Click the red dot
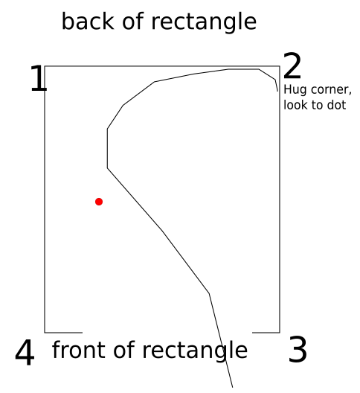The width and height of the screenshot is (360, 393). [99, 202]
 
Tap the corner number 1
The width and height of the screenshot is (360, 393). [39, 78]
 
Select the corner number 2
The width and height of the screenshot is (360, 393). [292, 65]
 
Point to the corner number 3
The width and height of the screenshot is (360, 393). [298, 349]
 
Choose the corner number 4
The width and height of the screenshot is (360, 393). [25, 352]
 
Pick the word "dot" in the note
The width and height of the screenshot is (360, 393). [336, 105]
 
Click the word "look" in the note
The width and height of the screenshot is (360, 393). [295, 105]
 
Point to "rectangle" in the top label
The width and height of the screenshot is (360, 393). [204, 22]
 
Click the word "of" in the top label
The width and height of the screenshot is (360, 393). [133, 22]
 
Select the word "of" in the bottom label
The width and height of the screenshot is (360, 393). [124, 350]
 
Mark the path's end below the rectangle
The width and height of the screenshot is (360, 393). [233, 388]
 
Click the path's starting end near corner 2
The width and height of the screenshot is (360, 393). [277, 92]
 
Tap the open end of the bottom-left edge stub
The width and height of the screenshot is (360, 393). [83, 333]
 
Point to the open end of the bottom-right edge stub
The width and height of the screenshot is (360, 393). [252, 333]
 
